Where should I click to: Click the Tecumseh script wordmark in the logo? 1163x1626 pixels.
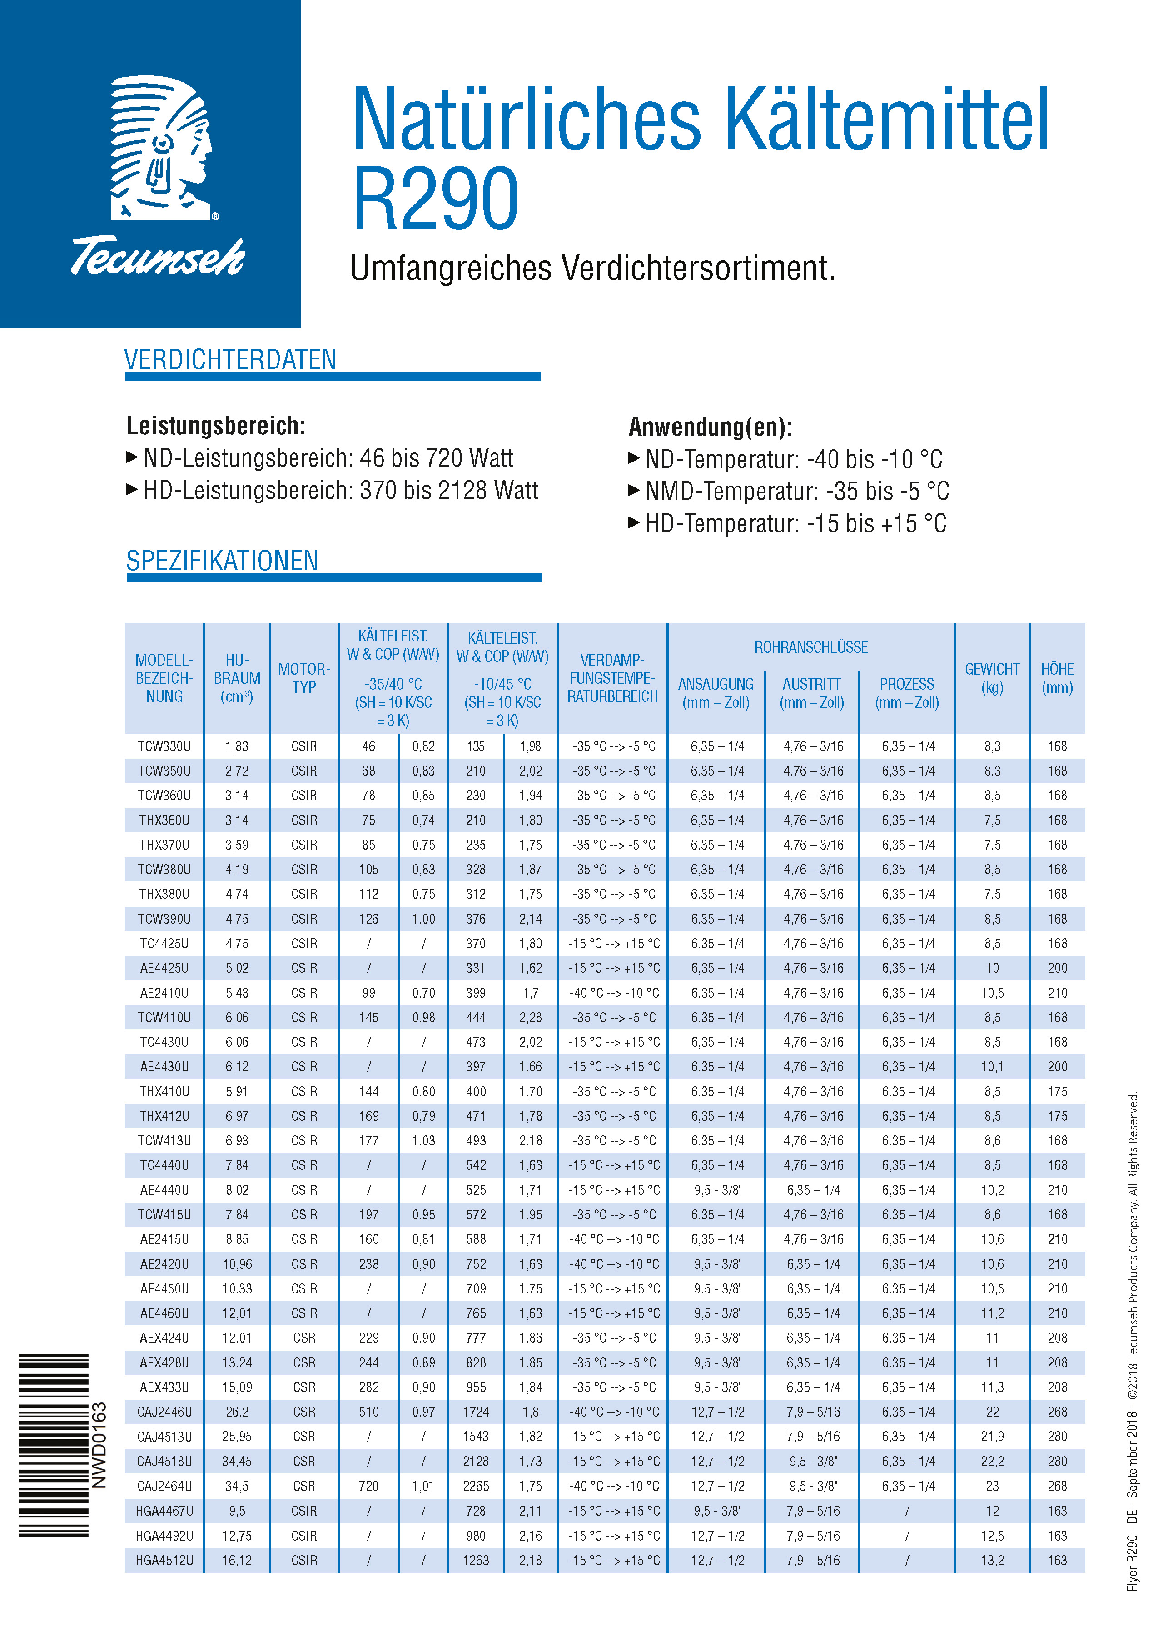point(158,256)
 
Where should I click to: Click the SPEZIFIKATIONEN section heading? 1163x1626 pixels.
point(222,561)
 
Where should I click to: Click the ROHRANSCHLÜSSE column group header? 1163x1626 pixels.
point(810,647)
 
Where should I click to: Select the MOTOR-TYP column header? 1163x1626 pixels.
point(303,678)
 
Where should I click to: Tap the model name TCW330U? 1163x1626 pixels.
point(164,746)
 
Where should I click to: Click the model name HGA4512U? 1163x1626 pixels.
point(164,1560)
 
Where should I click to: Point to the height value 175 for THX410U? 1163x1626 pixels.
point(1057,1091)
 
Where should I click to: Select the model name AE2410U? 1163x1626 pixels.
point(164,992)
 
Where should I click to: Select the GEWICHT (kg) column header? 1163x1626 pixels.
point(992,678)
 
